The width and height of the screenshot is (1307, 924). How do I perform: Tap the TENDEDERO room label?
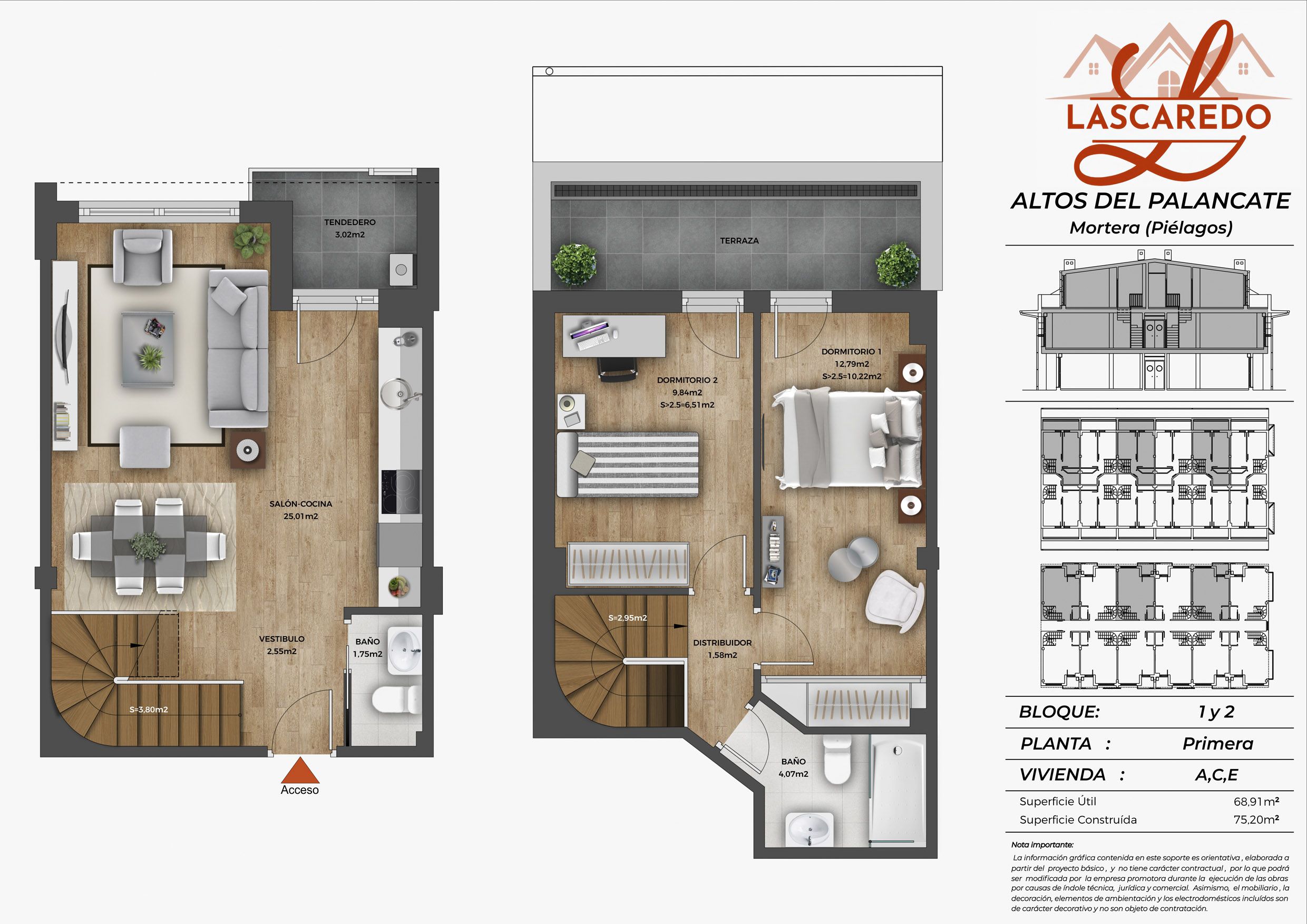point(350,222)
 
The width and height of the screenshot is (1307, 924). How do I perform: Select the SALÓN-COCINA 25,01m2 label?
point(300,510)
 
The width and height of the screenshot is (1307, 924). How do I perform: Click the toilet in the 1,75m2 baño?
point(397,699)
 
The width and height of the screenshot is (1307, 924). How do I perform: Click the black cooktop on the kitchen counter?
point(401,491)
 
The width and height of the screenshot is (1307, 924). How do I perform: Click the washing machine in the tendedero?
point(401,270)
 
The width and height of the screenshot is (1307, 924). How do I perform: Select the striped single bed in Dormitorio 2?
point(627,464)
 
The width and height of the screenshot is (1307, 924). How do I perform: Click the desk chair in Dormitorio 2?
point(617,370)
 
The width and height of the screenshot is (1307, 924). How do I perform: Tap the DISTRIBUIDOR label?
point(723,643)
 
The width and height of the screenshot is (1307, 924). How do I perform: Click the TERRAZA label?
point(739,241)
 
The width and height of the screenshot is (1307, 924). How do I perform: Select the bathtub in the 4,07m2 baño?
point(897,792)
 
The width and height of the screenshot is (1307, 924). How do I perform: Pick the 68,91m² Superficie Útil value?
point(1256,801)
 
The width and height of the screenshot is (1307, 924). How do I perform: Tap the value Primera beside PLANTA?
point(1218,744)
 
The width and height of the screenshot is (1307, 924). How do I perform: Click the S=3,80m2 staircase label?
point(149,709)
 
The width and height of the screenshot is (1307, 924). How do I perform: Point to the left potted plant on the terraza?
point(575,264)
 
